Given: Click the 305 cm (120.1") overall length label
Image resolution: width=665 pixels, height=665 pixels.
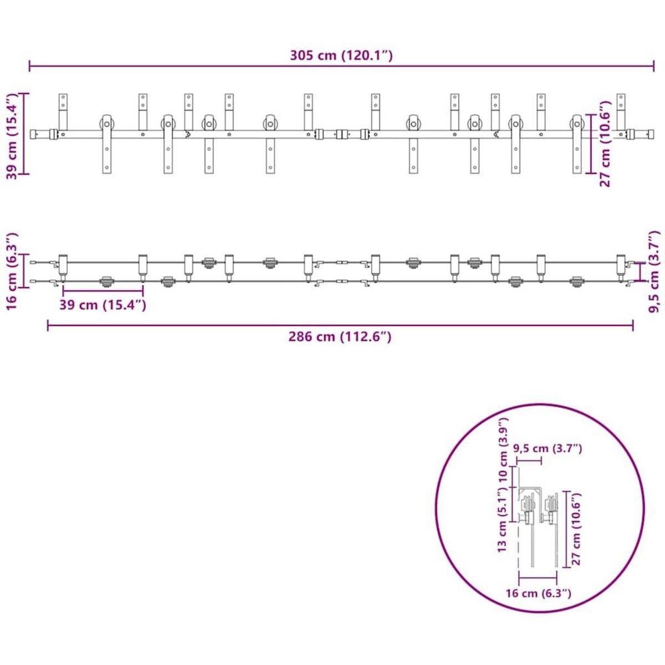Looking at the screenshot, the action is click(341, 55).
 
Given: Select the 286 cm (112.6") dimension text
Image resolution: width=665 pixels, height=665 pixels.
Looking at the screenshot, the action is click(340, 336).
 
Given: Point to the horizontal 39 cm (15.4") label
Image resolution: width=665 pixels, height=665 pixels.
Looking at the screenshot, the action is click(103, 305).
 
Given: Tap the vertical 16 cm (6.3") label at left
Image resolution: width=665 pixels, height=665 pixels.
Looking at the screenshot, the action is click(13, 271).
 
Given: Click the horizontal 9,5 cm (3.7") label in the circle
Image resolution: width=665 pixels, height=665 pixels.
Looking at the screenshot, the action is click(548, 448).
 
